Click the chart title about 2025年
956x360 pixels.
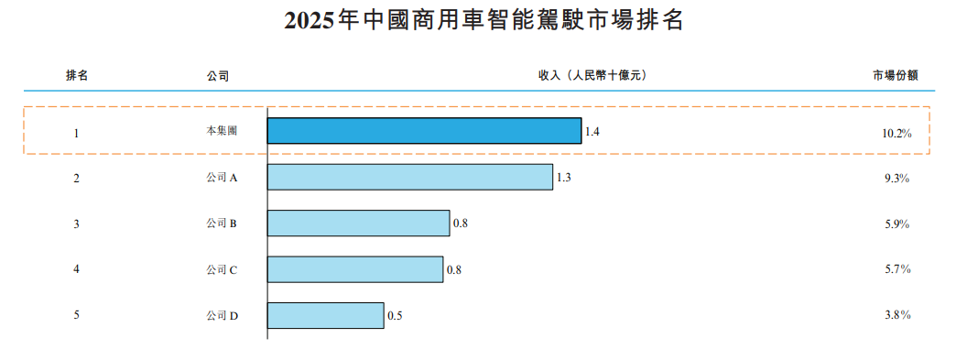[x=483, y=20]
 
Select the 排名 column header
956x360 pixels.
[x=77, y=76]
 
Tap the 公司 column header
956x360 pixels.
[x=218, y=76]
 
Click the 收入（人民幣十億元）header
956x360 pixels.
[x=592, y=76]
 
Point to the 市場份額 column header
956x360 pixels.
[x=895, y=76]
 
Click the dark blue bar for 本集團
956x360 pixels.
[x=424, y=131]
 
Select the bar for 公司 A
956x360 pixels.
[x=410, y=177]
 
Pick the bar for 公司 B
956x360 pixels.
[x=359, y=223]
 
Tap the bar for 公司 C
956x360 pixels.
[x=355, y=269]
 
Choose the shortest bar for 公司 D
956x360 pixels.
[x=326, y=315]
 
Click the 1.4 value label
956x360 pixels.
[x=592, y=131]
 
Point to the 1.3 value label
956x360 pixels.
[x=563, y=178]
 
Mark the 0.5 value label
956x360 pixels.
[x=395, y=316]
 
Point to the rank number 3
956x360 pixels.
[x=76, y=224]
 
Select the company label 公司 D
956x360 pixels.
[x=222, y=315]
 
